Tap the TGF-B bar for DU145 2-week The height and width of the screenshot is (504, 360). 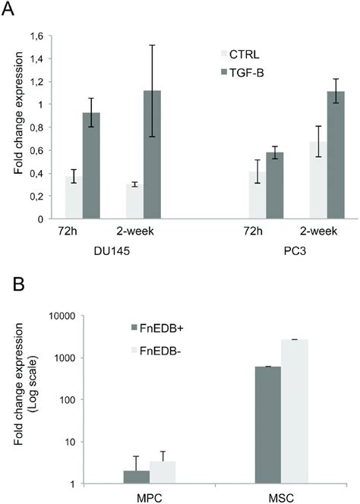pyautogui.click(x=154, y=155)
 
